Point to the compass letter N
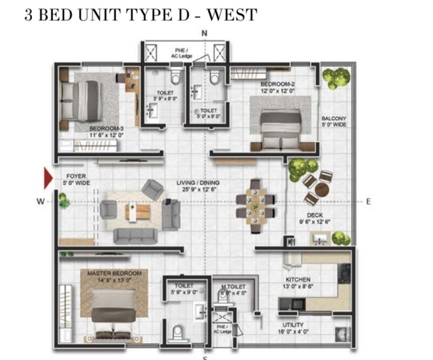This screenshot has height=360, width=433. [205, 34]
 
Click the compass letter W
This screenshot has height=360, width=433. [40, 201]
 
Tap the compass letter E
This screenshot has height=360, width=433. [369, 201]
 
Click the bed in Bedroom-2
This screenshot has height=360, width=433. [279, 125]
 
